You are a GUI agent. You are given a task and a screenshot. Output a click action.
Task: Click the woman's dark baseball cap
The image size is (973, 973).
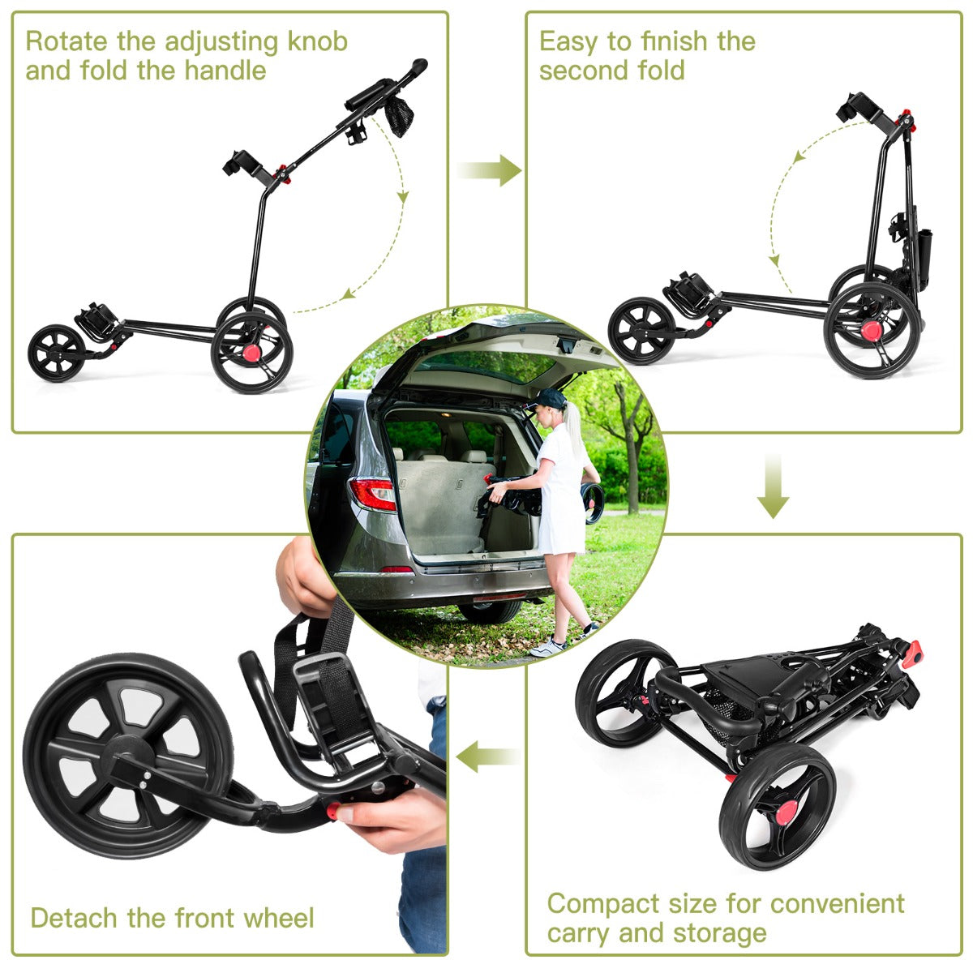tap(551, 397)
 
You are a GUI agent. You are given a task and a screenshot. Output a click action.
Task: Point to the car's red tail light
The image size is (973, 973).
tap(372, 493)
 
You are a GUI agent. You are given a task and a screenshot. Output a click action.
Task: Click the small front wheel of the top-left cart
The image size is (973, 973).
tap(57, 354)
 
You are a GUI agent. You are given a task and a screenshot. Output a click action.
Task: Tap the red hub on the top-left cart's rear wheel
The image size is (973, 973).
tap(252, 354)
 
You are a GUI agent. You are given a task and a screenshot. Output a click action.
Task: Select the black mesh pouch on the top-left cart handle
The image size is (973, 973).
tap(398, 116)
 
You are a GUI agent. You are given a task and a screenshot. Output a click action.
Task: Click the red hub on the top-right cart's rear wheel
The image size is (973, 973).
tap(872, 330)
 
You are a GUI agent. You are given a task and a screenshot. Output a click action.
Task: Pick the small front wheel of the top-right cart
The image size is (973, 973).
tap(642, 330)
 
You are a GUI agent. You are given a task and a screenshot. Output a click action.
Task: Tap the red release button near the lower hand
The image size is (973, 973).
tap(332, 810)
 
